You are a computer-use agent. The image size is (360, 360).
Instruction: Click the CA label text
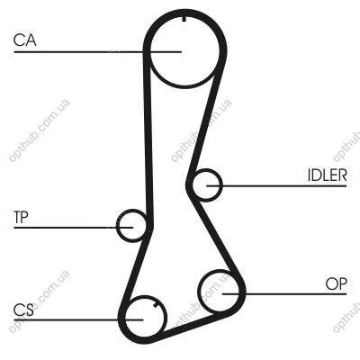[x=25, y=40]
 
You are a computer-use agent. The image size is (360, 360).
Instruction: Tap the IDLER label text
[x=328, y=175]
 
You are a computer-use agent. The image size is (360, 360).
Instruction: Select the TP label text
[x=21, y=217]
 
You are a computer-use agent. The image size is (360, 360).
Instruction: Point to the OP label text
[x=336, y=283]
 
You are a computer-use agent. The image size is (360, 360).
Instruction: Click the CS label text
[x=23, y=310]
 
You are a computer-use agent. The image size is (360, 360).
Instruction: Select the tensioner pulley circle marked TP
[x=117, y=226]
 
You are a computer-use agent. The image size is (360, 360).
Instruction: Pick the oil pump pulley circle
[x=199, y=292]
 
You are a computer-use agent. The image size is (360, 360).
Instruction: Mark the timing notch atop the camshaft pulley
[x=184, y=19]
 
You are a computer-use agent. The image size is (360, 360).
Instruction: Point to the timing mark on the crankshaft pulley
[x=156, y=305]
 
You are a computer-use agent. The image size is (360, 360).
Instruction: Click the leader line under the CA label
[x=98, y=52]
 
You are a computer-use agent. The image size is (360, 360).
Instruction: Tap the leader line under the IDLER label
[x=276, y=186]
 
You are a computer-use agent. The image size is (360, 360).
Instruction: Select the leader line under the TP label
[x=73, y=228]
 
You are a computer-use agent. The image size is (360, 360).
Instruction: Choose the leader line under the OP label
[x=284, y=293]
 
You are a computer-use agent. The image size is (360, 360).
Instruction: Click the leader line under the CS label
[x=78, y=320]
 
